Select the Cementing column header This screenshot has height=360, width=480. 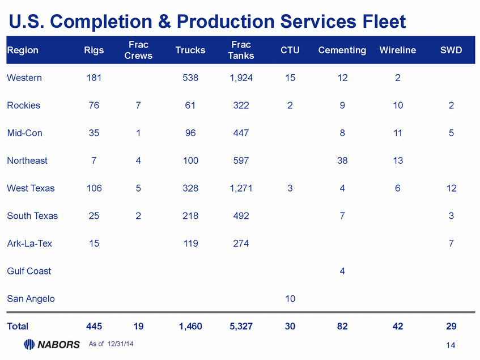342,50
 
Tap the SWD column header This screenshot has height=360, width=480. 451,50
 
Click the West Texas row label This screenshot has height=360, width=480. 31,188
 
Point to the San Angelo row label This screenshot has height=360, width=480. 31,298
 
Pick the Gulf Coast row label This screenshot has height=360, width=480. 29,271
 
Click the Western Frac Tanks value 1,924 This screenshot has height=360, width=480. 241,78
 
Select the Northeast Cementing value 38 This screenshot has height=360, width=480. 342,160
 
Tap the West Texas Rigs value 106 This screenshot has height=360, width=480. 94,188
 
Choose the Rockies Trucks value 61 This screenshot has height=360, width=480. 190,105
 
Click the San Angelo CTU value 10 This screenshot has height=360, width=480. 290,298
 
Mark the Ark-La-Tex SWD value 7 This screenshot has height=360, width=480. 451,243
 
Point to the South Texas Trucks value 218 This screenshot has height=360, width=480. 190,215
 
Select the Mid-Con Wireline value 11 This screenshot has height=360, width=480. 398,133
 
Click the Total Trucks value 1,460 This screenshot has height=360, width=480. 190,326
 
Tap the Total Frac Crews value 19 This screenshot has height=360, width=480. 138,326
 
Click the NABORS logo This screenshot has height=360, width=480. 52,344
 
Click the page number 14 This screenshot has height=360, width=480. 451,345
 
